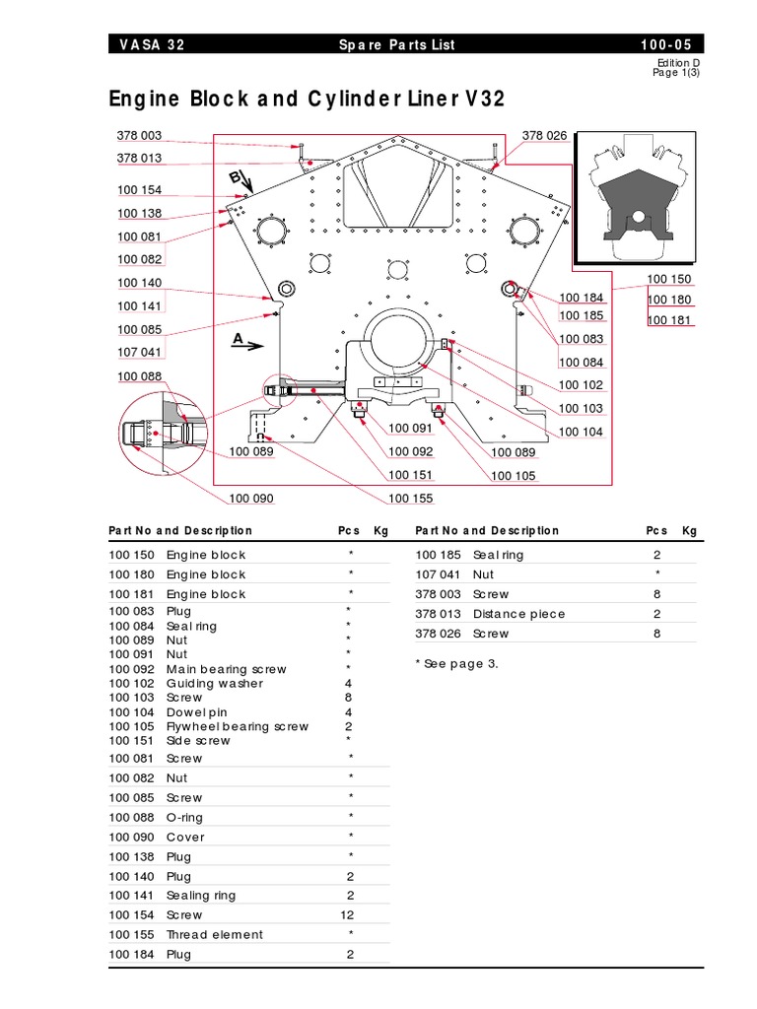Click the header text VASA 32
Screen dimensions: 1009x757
[x=151, y=45]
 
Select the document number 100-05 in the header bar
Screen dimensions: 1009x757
[x=670, y=45]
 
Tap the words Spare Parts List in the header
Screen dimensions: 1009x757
[x=397, y=45]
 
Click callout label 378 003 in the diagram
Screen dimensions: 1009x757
[x=139, y=136]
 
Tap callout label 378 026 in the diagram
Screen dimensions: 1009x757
[x=544, y=136]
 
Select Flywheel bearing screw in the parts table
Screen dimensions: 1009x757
[x=238, y=726]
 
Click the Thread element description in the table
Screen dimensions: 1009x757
[x=215, y=934]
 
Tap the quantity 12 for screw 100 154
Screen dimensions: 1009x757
[x=350, y=914]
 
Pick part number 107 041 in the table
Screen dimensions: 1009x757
[x=439, y=573]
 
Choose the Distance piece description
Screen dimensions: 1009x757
[x=519, y=613]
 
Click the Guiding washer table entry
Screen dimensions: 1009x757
[x=214, y=683]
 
